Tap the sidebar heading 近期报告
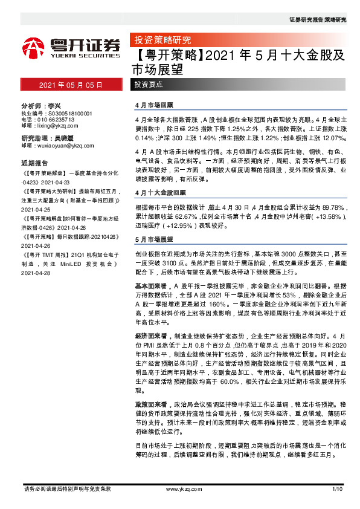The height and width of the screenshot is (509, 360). pyautogui.click(x=34, y=163)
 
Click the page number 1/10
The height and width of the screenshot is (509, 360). pyautogui.click(x=337, y=488)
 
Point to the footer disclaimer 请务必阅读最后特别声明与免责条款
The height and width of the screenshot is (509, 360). pyautogui.click(x=66, y=488)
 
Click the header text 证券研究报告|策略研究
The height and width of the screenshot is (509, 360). pyautogui.click(x=318, y=20)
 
